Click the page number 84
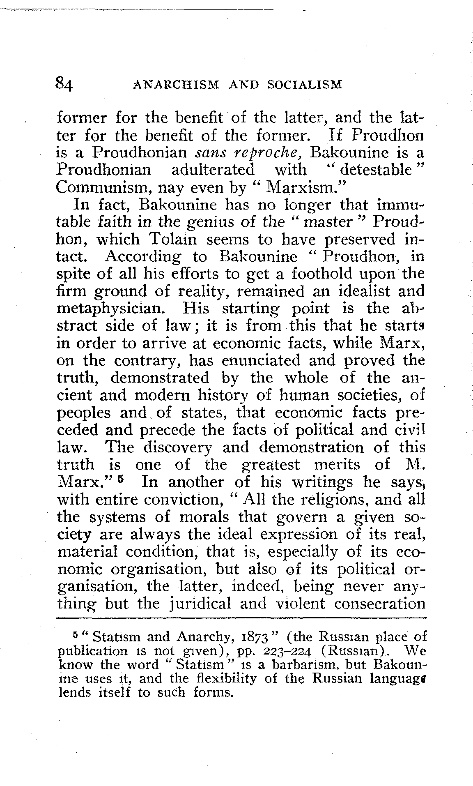[x=64, y=85]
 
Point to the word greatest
[x=271, y=465]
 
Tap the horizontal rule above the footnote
[x=241, y=618]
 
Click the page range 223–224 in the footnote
[x=284, y=651]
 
